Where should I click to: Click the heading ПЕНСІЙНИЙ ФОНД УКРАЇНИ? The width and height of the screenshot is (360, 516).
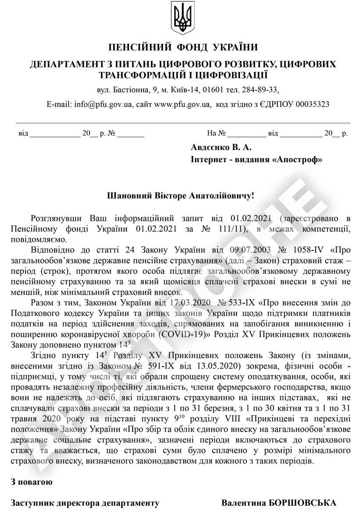pyautogui.click(x=183, y=47)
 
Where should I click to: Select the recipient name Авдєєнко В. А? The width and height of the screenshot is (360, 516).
pyautogui.click(x=221, y=147)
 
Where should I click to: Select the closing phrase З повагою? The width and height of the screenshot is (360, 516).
pyautogui.click(x=32, y=482)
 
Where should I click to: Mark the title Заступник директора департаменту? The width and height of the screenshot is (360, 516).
pyautogui.click(x=85, y=503)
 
